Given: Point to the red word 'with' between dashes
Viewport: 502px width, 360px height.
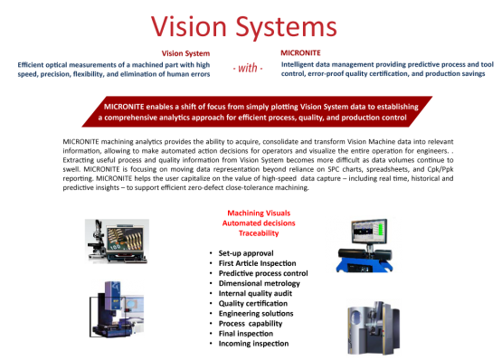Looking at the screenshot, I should click(x=251, y=68).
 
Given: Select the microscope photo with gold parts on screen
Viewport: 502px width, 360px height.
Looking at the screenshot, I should click(x=118, y=241).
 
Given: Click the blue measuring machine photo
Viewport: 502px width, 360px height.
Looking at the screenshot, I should click(x=117, y=308).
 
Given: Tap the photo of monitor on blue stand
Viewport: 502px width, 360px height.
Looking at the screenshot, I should click(x=363, y=243).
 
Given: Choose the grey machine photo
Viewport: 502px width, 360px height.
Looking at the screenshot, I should click(x=373, y=328).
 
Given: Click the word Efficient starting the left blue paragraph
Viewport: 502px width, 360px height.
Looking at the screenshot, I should click(x=30, y=64).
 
